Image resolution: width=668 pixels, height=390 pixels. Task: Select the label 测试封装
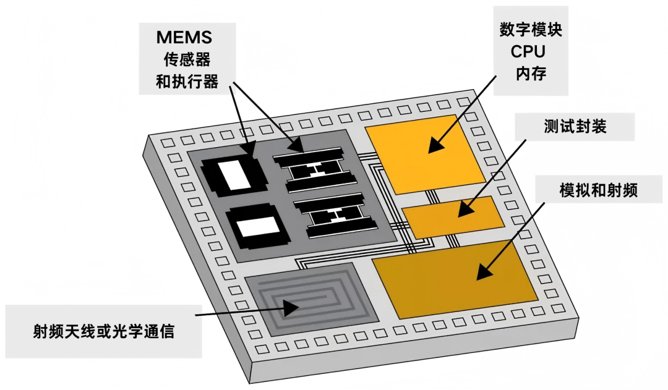click(x=575, y=127)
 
